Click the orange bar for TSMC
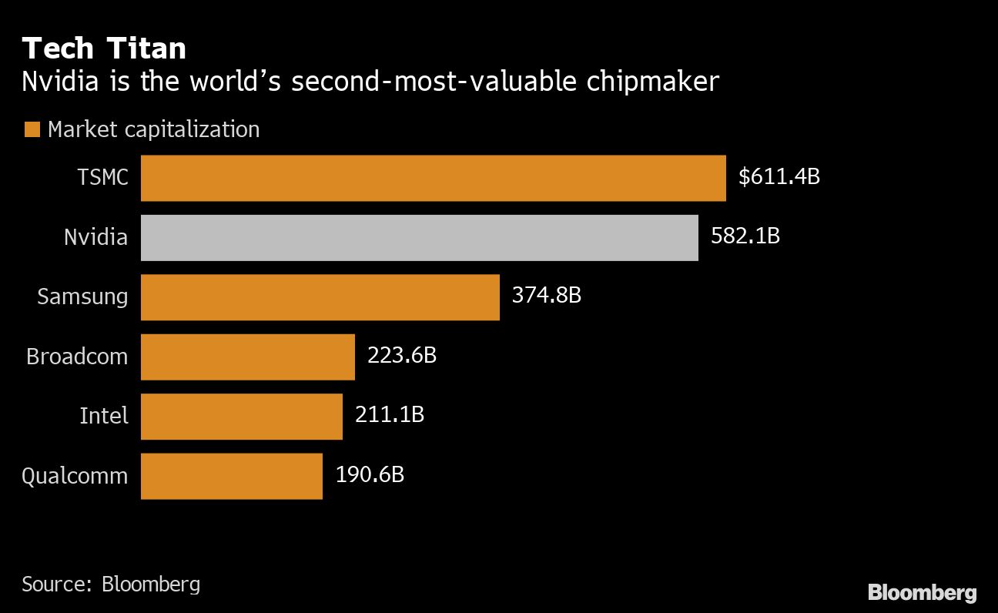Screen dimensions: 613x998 pyautogui.click(x=433, y=178)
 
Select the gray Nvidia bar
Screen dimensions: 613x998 pyautogui.click(x=419, y=237)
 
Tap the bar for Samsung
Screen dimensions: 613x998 pyautogui.click(x=320, y=297)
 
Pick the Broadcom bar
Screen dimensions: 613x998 pyautogui.click(x=247, y=357)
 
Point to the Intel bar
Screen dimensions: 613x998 pyautogui.click(x=241, y=416)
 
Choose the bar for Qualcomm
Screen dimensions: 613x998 pyautogui.click(x=231, y=475)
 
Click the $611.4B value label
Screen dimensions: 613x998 pyautogui.click(x=779, y=177)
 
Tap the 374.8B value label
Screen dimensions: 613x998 pyautogui.click(x=546, y=295)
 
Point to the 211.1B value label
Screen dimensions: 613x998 pyautogui.click(x=389, y=414)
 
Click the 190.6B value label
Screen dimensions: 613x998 pyautogui.click(x=369, y=474)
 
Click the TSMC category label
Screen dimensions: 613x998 pyautogui.click(x=102, y=178)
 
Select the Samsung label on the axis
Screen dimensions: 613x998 pyautogui.click(x=82, y=297)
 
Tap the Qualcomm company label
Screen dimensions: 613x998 pyautogui.click(x=75, y=476)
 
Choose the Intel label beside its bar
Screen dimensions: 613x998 pyautogui.click(x=103, y=416)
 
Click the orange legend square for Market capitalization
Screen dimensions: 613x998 pyautogui.click(x=32, y=129)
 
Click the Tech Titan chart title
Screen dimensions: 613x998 pyautogui.click(x=104, y=49)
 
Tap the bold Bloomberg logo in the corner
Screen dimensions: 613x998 pyautogui.click(x=922, y=592)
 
